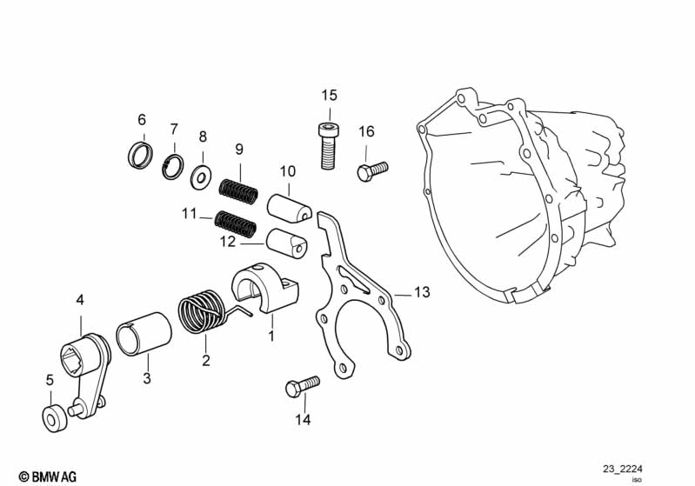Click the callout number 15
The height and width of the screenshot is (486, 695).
(330, 96)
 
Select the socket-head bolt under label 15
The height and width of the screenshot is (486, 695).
(329, 145)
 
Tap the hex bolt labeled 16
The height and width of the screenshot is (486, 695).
(372, 170)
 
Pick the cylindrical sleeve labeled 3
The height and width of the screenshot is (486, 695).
(144, 335)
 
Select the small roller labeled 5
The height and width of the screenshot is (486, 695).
(55, 418)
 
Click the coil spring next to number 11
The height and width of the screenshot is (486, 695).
(236, 223)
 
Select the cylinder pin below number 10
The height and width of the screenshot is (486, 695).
(290, 207)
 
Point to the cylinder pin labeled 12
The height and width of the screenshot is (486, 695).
(287, 242)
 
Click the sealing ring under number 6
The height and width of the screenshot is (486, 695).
(141, 155)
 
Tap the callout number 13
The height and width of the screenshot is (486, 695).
(422, 292)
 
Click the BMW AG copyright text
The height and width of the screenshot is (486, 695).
(48, 476)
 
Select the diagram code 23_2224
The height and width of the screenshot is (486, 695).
(622, 469)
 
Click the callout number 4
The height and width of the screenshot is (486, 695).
(80, 300)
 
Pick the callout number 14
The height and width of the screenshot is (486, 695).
(304, 419)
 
